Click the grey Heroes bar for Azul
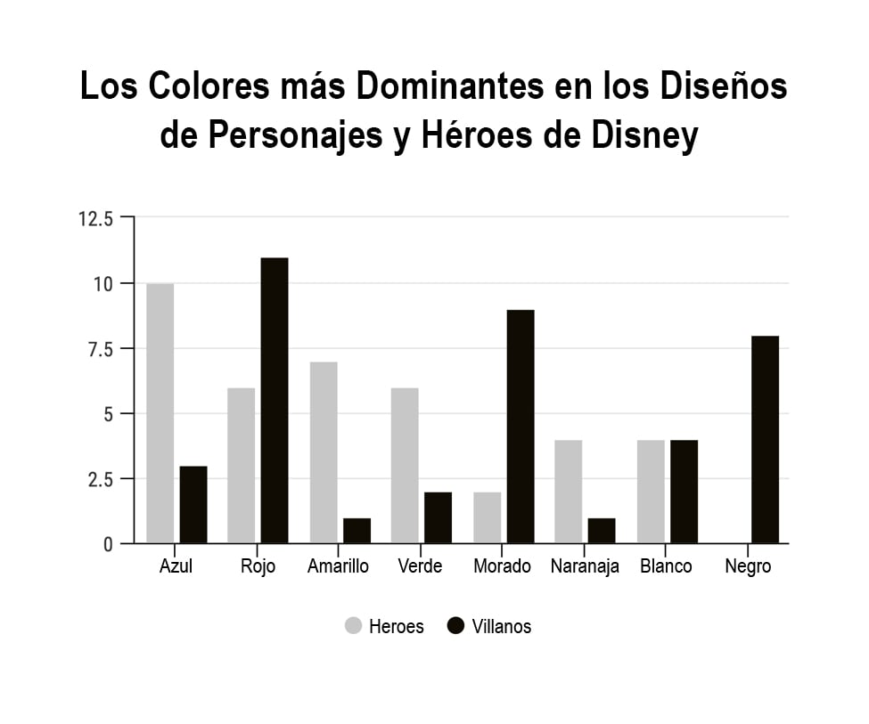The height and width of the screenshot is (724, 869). [x=160, y=413]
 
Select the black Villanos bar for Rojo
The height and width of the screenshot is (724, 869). [x=275, y=401]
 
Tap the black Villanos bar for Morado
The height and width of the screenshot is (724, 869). [x=520, y=427]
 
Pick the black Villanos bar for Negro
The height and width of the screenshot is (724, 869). [x=765, y=440]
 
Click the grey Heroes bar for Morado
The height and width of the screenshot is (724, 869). [x=487, y=517]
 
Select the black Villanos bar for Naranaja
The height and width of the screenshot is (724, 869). [x=602, y=531]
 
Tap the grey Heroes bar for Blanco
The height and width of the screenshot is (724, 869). [x=651, y=492]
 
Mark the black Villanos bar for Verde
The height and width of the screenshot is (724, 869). [x=438, y=517]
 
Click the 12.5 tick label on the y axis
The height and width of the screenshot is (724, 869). [x=96, y=219]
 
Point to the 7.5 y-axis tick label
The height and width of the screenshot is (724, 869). [x=101, y=349]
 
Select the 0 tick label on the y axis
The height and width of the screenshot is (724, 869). [x=109, y=544]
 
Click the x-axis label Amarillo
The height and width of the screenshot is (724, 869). [x=338, y=567]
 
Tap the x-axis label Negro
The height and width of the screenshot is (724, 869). [x=748, y=567]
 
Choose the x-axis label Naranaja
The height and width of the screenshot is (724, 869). [x=585, y=567]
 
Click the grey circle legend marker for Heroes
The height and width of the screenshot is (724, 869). [x=354, y=626]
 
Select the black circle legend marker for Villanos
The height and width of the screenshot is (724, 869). [x=455, y=626]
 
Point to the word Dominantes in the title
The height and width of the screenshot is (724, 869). [x=443, y=87]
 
